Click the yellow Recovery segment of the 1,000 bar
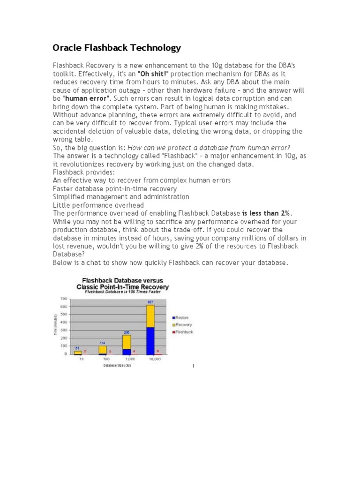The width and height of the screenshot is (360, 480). tap(127, 342)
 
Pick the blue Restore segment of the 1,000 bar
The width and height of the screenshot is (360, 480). tap(127, 352)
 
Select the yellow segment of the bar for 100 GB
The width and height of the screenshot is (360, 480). tap(102, 350)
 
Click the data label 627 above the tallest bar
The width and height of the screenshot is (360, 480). tap(150, 302)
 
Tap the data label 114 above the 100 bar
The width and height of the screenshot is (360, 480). tap(102, 343)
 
